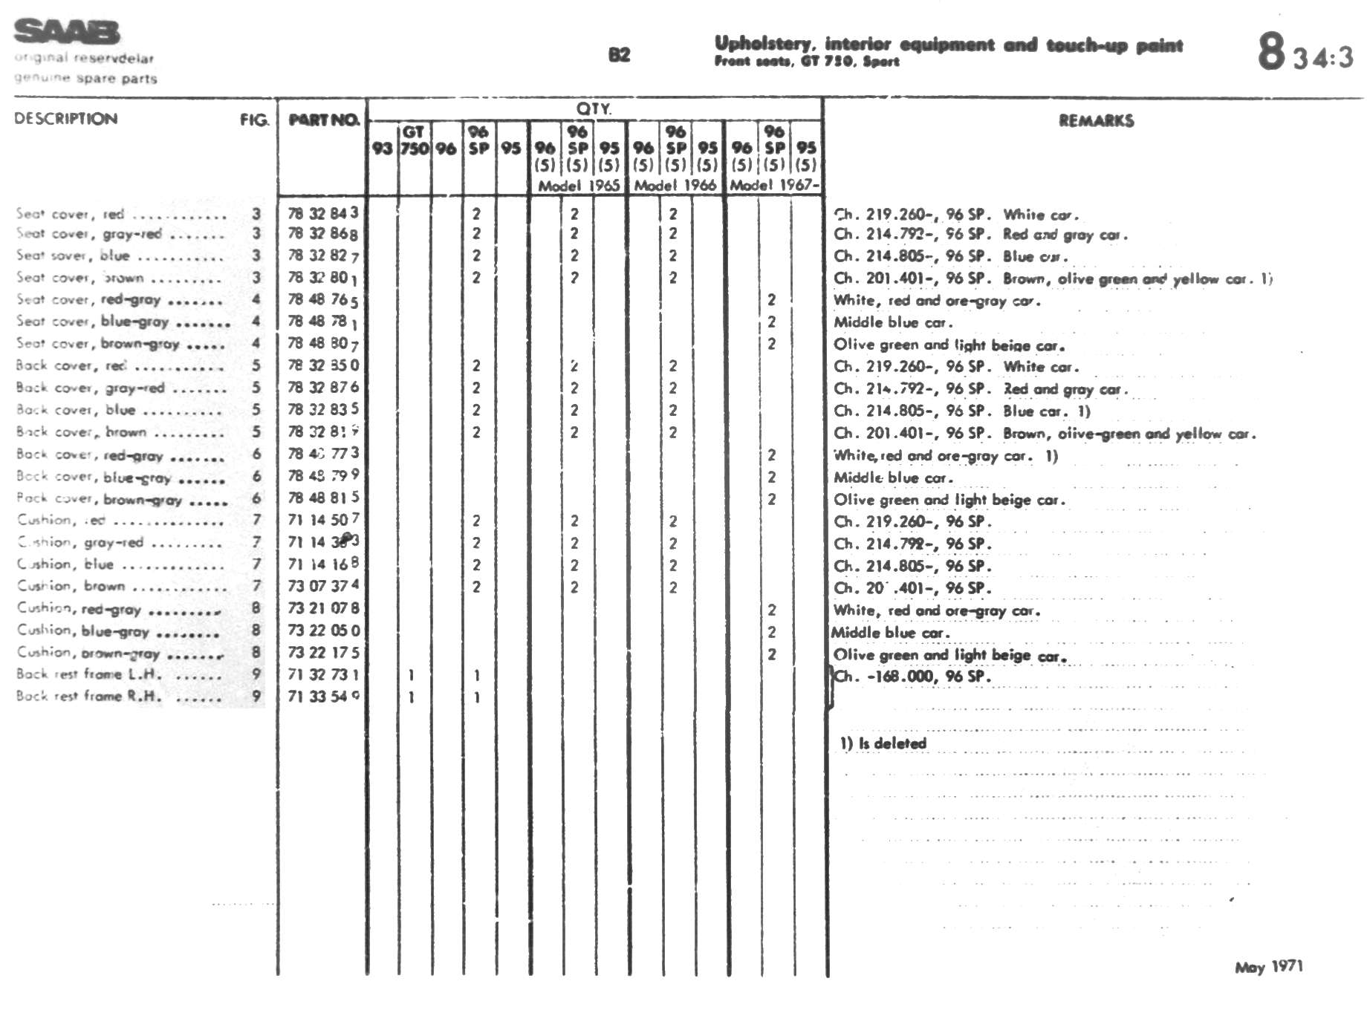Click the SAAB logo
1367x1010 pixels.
[67, 32]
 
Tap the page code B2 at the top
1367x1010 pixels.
[619, 55]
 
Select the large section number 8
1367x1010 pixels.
[1270, 51]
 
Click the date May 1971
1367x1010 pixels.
[1268, 967]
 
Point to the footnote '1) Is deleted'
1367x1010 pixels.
[883, 743]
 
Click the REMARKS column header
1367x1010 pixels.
[1096, 121]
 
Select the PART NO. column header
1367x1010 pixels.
[323, 120]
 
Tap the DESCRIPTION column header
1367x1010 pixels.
[66, 119]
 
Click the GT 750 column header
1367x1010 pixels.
[414, 140]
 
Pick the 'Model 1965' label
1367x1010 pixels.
[579, 186]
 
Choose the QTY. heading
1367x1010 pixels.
[594, 108]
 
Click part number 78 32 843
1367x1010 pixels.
[322, 214]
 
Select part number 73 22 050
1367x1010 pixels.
[323, 631]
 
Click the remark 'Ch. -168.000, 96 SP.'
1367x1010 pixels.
[912, 677]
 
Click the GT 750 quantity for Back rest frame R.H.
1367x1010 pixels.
[411, 697]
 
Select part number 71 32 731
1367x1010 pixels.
[322, 675]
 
